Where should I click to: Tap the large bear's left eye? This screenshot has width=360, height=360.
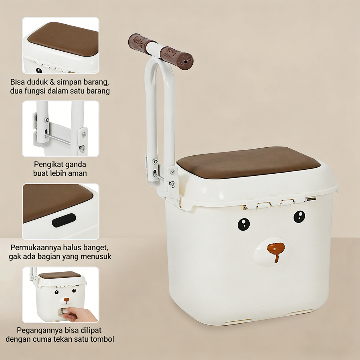[244, 224]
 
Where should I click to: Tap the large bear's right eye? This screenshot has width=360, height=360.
[300, 217]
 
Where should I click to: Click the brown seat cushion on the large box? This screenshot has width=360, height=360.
[248, 162]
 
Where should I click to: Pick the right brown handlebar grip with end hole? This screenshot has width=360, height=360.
[177, 58]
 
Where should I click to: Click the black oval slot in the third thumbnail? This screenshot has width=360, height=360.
[64, 220]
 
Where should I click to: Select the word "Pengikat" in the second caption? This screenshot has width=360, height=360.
[48, 165]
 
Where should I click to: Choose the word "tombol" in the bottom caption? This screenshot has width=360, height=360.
[103, 339]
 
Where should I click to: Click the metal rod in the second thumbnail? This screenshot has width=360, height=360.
[58, 139]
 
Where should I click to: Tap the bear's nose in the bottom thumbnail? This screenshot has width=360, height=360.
[66, 300]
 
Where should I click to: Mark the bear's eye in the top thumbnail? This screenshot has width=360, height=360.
[39, 70]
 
